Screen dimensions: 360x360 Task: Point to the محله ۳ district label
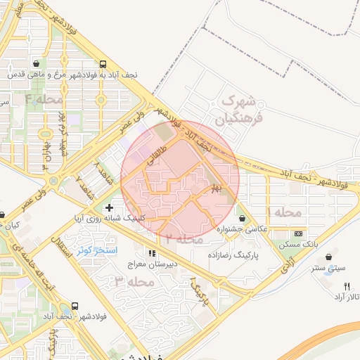tap(134, 282)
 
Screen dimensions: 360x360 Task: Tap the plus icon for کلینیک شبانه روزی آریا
tap(108, 207)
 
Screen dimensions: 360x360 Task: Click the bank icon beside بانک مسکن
tap(299, 233)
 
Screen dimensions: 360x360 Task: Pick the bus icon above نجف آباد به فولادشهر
tap(103, 63)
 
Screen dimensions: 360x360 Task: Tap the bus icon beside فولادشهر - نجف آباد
tap(75, 307)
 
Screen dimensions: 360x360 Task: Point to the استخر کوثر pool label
tap(97, 250)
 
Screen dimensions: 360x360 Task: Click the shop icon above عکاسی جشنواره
tap(242, 218)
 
